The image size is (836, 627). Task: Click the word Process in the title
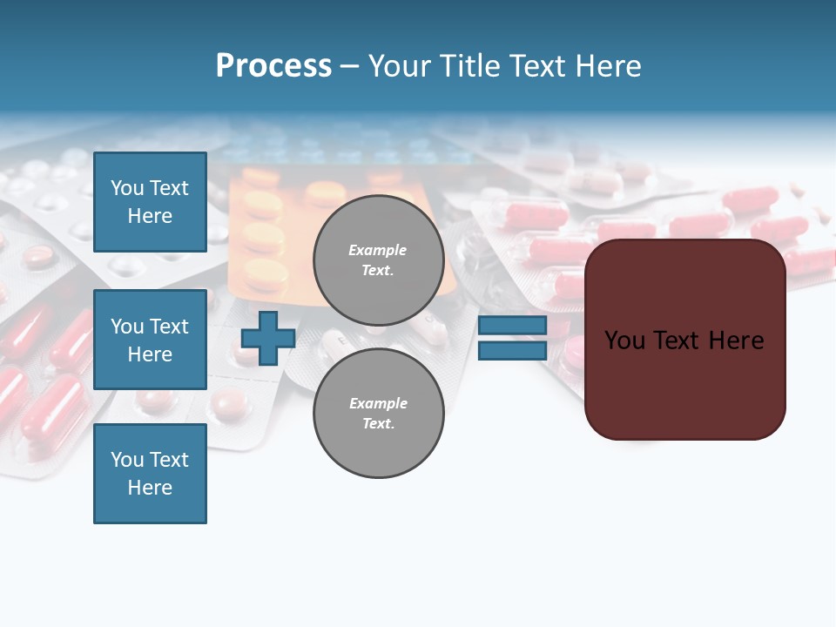[x=273, y=66]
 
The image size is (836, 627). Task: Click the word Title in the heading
[x=470, y=66]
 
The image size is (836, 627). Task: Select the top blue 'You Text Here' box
[x=150, y=202]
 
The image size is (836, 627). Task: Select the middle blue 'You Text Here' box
[x=150, y=340]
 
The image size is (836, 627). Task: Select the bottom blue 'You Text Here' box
[x=150, y=473]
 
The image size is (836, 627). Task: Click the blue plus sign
[x=268, y=338]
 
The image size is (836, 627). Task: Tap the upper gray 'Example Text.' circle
[x=378, y=260]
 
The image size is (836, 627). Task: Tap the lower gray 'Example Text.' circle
[x=378, y=413]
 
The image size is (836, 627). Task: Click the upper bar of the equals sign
[x=512, y=326]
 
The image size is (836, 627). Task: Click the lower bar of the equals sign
[x=512, y=350]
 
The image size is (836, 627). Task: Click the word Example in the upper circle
[x=377, y=250]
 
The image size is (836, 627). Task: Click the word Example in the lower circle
[x=377, y=403]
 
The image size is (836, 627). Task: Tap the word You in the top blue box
[x=127, y=188]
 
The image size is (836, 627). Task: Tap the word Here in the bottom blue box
[x=150, y=488]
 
